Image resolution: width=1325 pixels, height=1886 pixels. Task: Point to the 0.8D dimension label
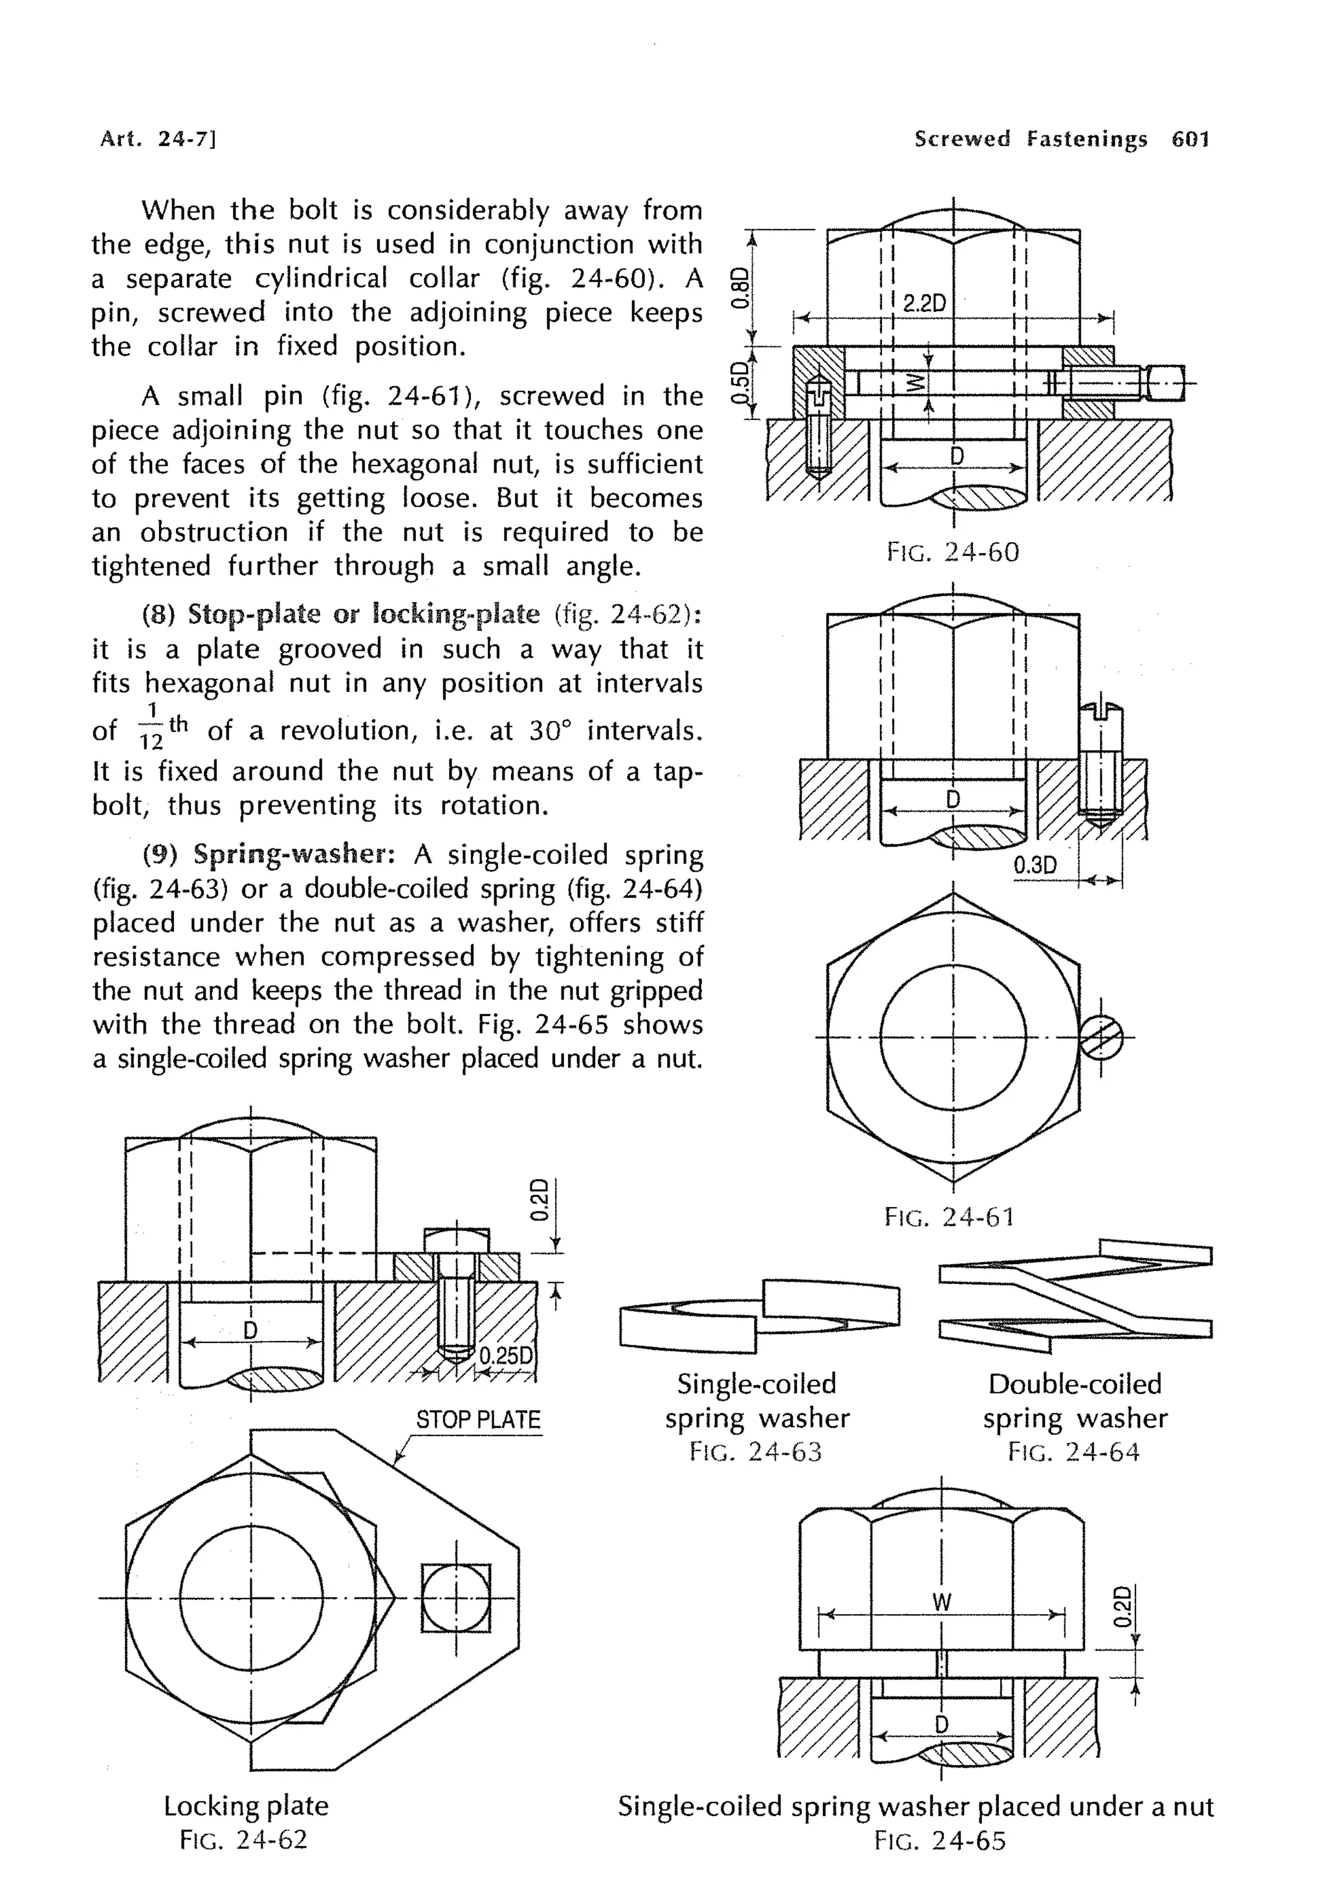741,287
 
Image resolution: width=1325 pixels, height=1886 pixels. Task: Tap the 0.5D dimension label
741,383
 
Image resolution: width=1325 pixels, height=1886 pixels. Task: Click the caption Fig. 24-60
952,552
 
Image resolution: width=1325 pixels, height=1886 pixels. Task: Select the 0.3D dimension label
1035,865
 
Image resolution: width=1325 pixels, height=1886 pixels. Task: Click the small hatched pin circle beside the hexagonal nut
1101,1037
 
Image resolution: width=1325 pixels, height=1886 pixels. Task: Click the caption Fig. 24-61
950,1217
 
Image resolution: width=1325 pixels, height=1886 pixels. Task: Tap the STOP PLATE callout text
477,1419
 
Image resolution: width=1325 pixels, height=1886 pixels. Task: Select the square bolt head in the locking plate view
455,1598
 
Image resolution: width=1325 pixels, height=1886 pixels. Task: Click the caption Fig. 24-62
244,1839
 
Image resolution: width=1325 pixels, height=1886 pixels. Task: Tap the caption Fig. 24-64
1074,1452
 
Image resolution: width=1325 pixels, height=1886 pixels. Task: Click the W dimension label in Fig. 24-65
941,1602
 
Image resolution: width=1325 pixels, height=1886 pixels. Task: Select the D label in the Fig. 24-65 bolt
941,1724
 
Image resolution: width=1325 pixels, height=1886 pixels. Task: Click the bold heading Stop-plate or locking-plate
364,614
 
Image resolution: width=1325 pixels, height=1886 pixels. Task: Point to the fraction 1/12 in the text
152,726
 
